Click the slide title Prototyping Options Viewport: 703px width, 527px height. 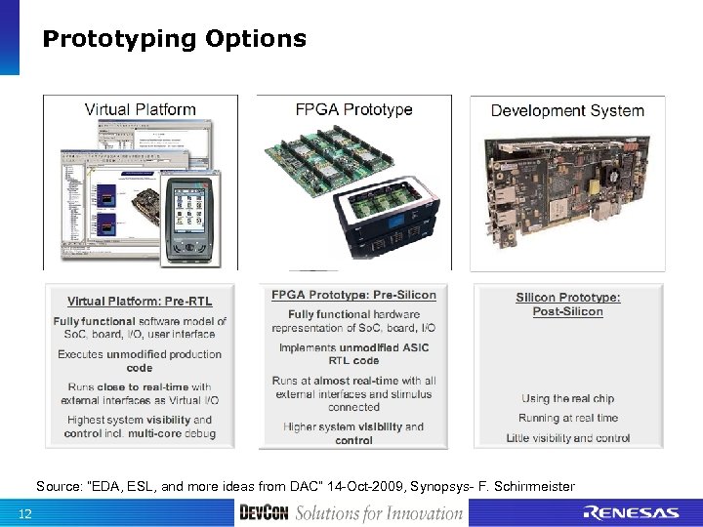174,39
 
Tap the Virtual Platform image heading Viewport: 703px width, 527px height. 141,110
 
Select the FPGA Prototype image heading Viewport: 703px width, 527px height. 354,109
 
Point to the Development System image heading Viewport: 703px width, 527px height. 567,110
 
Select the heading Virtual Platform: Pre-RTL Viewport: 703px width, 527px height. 140,301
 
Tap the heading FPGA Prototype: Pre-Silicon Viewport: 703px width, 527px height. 353,295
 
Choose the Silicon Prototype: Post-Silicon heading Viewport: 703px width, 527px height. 568,304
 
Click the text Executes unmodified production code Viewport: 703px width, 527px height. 140,361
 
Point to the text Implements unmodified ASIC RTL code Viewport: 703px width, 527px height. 353,354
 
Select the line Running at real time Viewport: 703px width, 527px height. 568,418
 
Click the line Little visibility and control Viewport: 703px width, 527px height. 568,438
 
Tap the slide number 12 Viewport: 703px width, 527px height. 25,514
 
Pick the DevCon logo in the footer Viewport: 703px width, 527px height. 264,513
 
